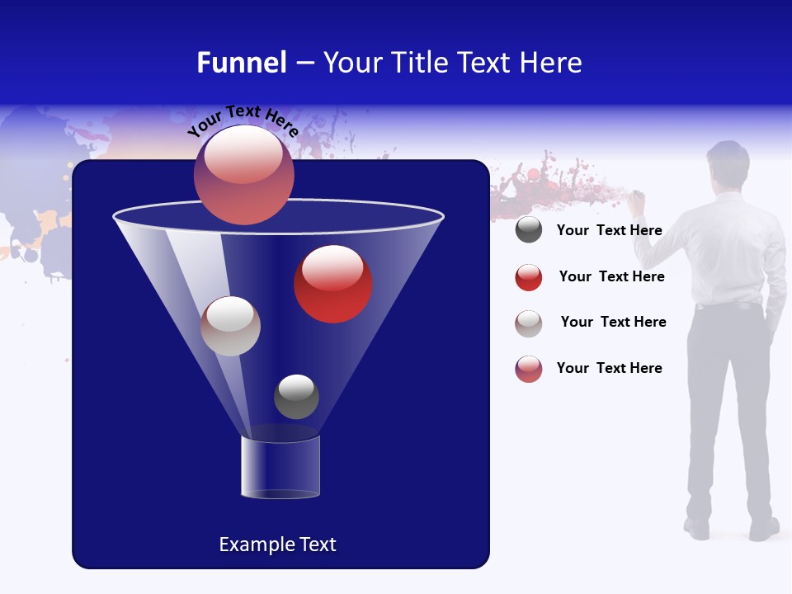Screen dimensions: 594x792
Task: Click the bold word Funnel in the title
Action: (x=241, y=63)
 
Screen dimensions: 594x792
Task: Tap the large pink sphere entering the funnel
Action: (x=243, y=175)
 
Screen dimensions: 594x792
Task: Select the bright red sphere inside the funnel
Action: (x=333, y=284)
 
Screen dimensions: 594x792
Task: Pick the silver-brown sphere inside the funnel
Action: (x=230, y=326)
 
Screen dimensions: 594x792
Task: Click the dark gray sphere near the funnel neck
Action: (x=296, y=397)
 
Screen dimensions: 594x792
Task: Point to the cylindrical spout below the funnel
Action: (x=280, y=466)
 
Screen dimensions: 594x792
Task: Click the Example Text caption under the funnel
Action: (x=277, y=544)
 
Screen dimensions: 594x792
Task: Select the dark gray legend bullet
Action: (x=529, y=230)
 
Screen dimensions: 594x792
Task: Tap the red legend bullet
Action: (x=529, y=277)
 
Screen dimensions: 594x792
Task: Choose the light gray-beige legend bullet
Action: (x=529, y=323)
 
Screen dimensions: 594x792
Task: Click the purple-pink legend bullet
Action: (x=529, y=369)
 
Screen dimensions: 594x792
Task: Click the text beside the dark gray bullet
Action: (x=609, y=230)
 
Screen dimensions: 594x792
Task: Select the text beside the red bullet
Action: (x=611, y=276)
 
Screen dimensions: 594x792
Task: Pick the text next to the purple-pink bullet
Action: (x=609, y=368)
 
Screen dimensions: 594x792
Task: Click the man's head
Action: (x=728, y=164)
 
